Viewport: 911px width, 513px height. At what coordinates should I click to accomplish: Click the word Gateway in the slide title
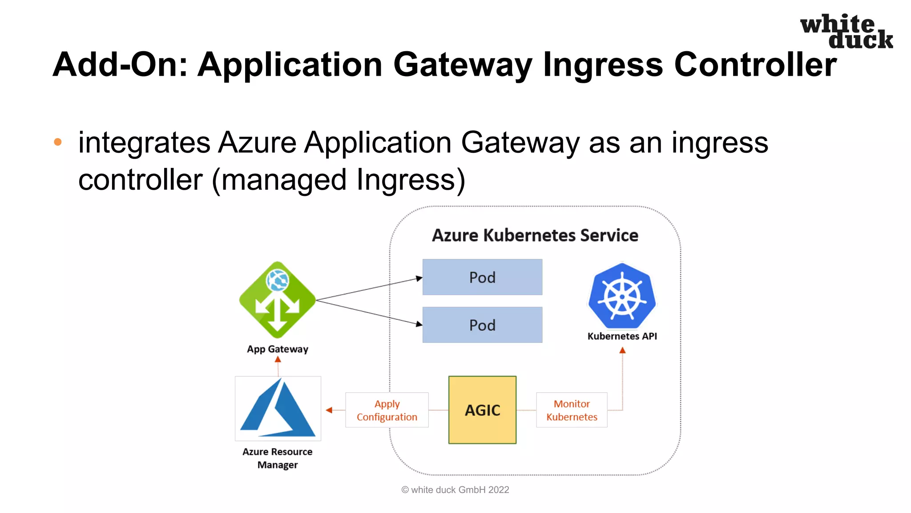pos(463,65)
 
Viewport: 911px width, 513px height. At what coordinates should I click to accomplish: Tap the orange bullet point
pos(58,142)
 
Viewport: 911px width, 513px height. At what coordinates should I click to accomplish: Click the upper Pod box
pos(482,277)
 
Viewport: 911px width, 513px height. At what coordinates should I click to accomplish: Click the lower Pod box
pos(482,325)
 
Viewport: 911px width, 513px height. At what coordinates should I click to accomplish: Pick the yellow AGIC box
pos(482,410)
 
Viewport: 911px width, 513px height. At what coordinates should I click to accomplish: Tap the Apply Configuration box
pos(387,410)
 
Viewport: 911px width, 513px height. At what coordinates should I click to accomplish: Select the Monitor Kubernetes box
pos(572,410)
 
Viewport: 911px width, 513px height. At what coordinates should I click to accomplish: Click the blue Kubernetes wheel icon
pos(622,296)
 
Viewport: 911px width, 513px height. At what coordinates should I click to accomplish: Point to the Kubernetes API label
pos(622,336)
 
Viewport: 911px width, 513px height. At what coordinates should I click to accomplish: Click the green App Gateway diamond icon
pos(277,300)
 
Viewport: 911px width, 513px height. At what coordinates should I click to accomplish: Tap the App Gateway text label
pos(277,349)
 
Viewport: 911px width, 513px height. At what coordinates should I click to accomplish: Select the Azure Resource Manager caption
pos(277,458)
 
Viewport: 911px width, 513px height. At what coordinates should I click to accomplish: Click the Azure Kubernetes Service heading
pos(535,235)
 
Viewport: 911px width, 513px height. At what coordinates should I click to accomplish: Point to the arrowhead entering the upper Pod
pos(419,278)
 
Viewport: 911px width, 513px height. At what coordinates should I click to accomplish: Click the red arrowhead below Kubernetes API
pos(622,350)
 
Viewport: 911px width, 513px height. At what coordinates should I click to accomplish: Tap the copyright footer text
pos(455,490)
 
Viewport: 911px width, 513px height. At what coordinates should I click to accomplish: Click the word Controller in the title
pos(755,65)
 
